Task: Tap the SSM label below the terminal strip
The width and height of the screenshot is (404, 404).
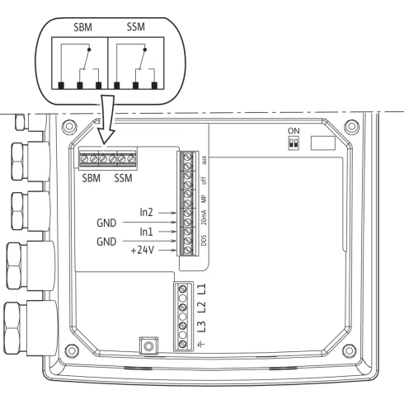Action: pyautogui.click(x=124, y=176)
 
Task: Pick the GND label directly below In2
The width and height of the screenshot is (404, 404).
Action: pyautogui.click(x=109, y=222)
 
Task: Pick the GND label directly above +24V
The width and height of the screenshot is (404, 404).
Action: pyautogui.click(x=109, y=243)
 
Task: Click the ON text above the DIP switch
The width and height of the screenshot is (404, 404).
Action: pyautogui.click(x=292, y=130)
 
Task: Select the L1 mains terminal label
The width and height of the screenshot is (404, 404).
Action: pyautogui.click(x=204, y=290)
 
